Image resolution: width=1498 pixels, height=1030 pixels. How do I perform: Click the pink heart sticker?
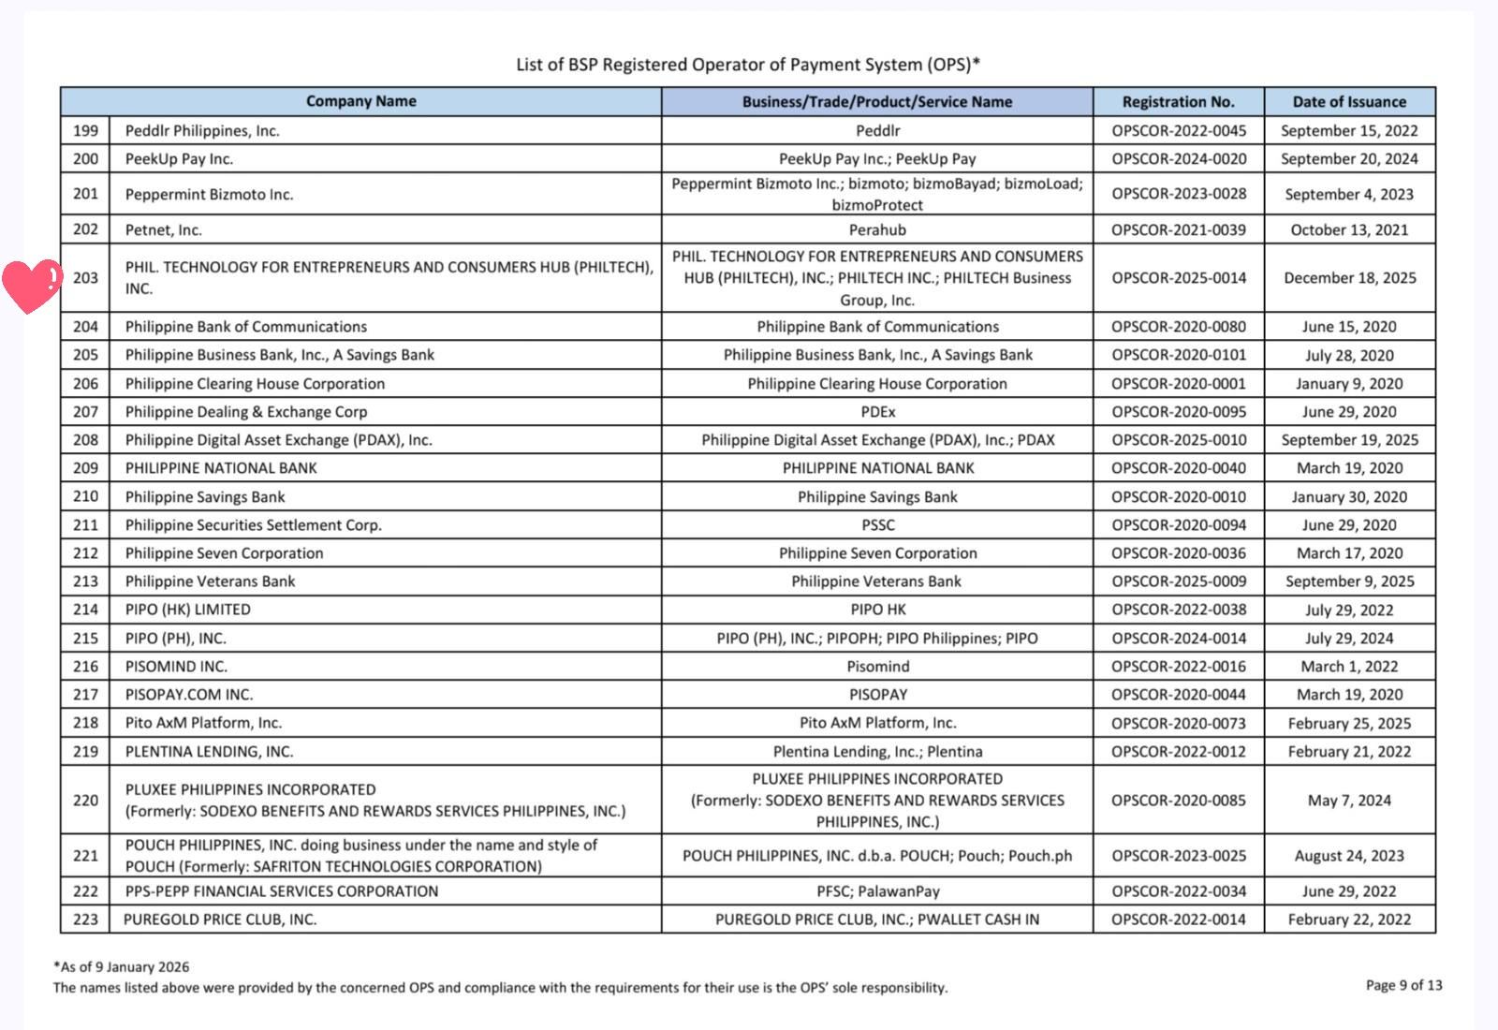[x=31, y=285]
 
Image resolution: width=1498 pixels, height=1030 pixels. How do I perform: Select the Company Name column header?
[x=360, y=101]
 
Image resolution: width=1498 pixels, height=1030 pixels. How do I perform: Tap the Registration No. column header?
[x=1178, y=101]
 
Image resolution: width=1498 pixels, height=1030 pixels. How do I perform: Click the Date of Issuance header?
[x=1349, y=101]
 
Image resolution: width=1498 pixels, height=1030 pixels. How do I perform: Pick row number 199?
[x=85, y=130]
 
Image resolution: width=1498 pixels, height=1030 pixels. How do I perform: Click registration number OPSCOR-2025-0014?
[x=1179, y=277]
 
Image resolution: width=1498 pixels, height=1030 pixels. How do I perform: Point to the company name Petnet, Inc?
[x=164, y=229]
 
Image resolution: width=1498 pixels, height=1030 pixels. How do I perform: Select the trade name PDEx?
[x=877, y=411]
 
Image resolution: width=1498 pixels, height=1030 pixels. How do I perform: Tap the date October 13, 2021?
[x=1349, y=229]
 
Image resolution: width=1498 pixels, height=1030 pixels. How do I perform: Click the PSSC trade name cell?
[x=877, y=524]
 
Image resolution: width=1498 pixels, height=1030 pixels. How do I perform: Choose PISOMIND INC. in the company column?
[x=176, y=666]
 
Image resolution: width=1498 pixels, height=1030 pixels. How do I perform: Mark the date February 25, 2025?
[x=1349, y=723]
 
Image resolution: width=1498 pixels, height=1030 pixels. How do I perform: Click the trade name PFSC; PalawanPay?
[x=877, y=890]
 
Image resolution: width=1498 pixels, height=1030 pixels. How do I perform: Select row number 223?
[x=85, y=919]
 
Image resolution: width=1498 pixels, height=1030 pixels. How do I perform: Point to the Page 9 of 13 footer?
[x=1403, y=984]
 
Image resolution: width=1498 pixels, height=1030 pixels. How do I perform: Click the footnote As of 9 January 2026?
[x=122, y=966]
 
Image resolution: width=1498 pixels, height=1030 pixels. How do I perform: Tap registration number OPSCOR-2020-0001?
[x=1179, y=383]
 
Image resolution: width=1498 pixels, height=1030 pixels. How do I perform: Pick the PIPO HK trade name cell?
[x=877, y=609]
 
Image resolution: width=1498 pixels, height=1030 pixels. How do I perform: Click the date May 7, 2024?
[x=1349, y=800]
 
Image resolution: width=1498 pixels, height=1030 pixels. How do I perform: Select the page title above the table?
[x=748, y=65]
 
